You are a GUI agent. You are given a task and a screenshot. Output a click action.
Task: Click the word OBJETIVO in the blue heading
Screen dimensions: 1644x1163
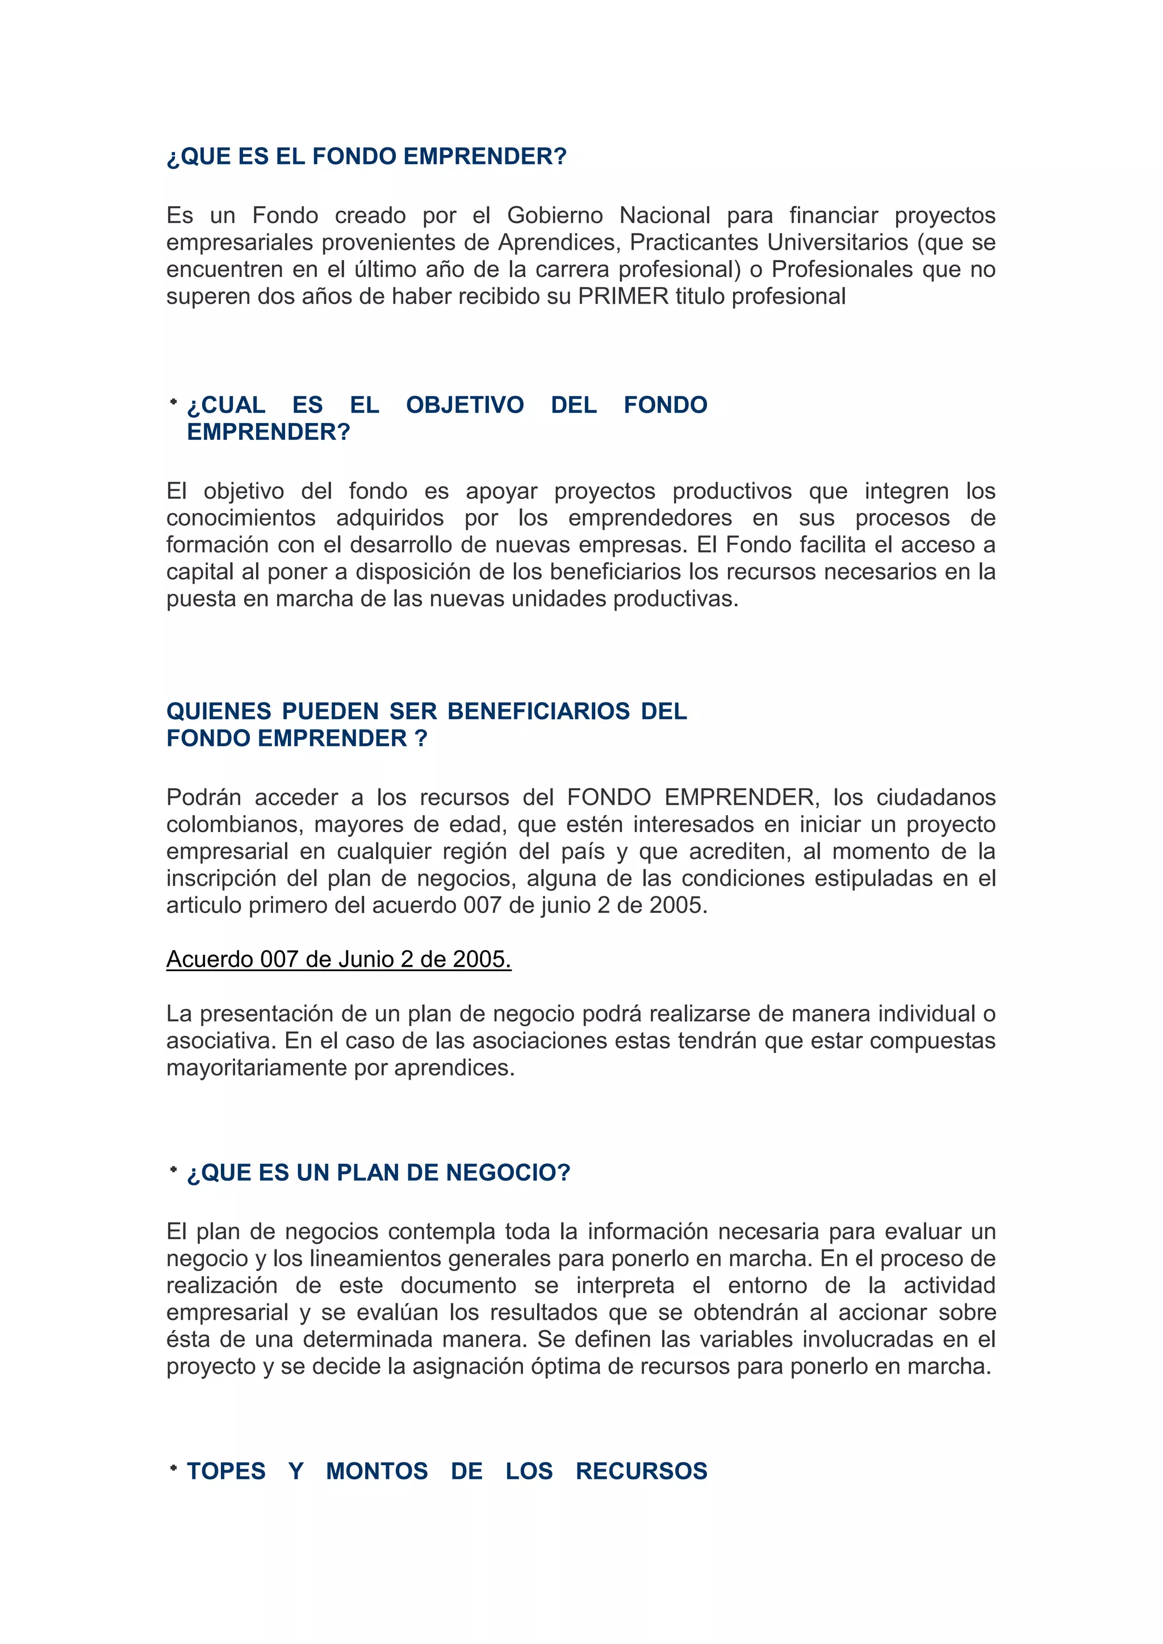tap(465, 405)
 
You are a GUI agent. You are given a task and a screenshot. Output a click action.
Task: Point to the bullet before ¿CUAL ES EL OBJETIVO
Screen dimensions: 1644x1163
tap(173, 402)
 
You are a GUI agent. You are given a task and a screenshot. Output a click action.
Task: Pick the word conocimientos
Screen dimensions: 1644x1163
tap(241, 518)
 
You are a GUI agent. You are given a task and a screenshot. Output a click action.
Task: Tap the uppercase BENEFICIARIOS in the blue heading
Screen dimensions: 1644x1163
tap(538, 712)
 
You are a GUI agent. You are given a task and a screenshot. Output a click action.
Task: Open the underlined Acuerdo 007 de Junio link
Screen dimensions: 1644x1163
tap(338, 959)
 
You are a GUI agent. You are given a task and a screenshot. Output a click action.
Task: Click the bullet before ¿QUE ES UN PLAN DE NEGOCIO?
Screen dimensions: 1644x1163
tap(173, 1170)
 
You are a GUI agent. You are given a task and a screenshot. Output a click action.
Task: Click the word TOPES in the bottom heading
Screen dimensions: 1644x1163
tap(227, 1471)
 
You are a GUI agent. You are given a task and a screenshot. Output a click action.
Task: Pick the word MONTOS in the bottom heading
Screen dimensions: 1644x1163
tap(376, 1471)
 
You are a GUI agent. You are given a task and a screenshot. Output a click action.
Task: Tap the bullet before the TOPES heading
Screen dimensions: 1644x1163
tap(173, 1469)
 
